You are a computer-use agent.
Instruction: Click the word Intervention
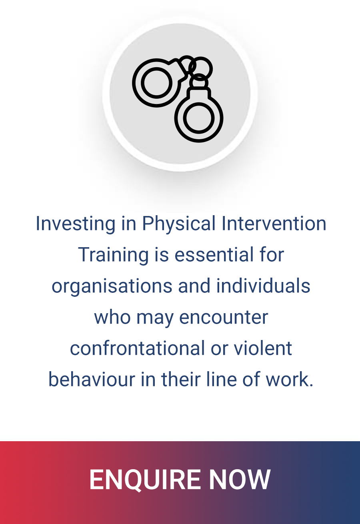click(x=274, y=224)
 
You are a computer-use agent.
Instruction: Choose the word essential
click(x=214, y=254)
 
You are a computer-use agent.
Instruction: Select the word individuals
click(x=263, y=286)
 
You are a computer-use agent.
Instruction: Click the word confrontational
click(x=137, y=348)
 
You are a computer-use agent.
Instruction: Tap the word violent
click(x=263, y=348)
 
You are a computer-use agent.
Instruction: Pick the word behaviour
click(x=92, y=379)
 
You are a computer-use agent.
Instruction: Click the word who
click(x=112, y=317)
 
